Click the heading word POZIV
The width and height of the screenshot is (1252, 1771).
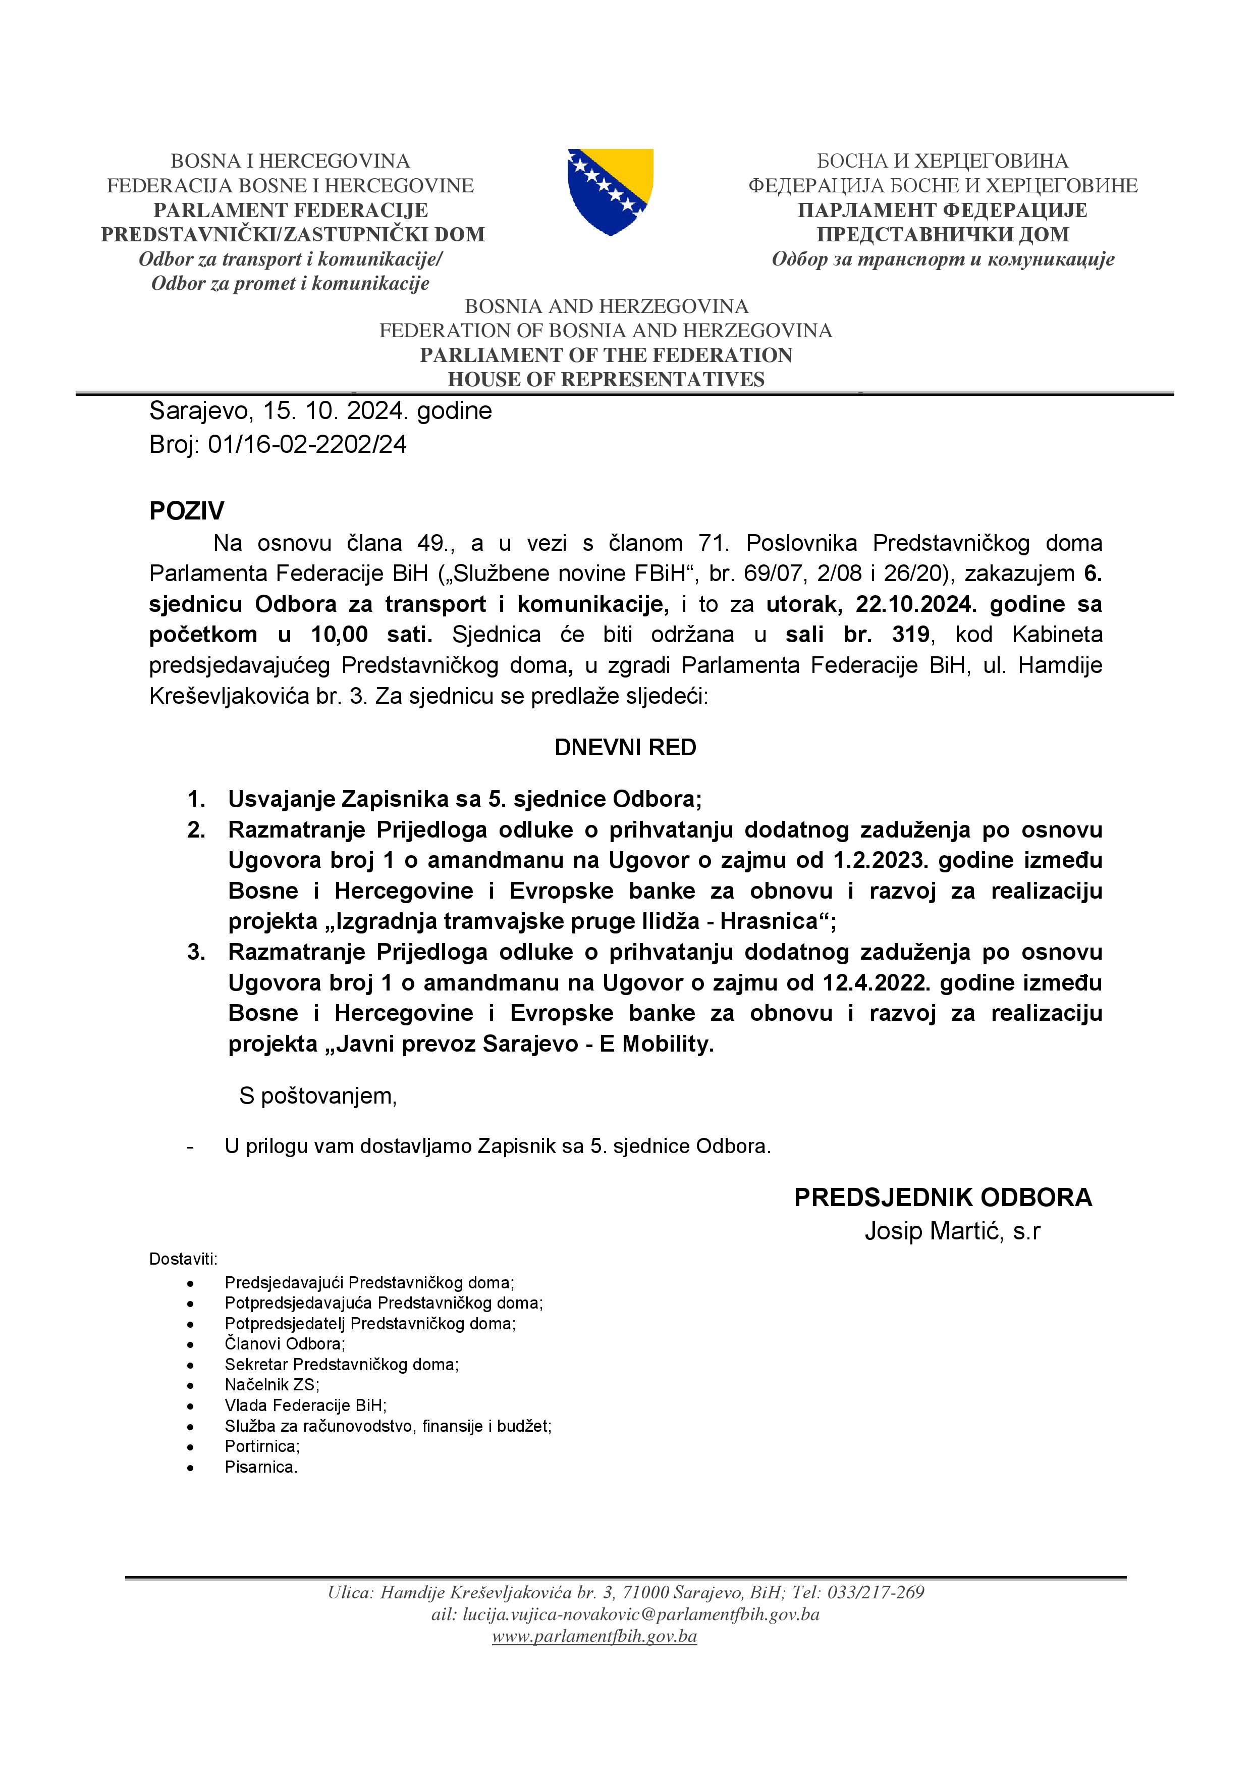(187, 510)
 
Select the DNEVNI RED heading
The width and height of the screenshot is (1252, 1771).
(625, 748)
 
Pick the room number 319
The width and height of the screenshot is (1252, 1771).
(910, 635)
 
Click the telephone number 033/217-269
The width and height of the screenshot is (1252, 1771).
(875, 1592)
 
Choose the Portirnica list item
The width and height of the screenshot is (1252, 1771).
(262, 1446)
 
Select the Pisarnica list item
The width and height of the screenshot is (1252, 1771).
(260, 1467)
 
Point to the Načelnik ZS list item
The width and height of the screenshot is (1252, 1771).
(271, 1385)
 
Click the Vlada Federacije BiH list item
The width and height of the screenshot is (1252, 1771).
(305, 1405)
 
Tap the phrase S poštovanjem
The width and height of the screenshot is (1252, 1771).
(317, 1096)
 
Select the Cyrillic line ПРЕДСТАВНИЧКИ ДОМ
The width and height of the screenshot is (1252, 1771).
(942, 234)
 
